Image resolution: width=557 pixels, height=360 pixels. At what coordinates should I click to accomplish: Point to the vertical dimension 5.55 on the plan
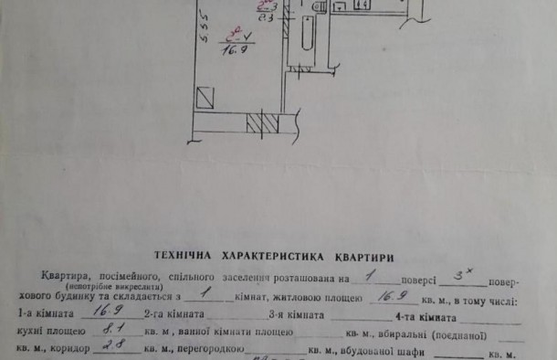pyautogui.click(x=180, y=27)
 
